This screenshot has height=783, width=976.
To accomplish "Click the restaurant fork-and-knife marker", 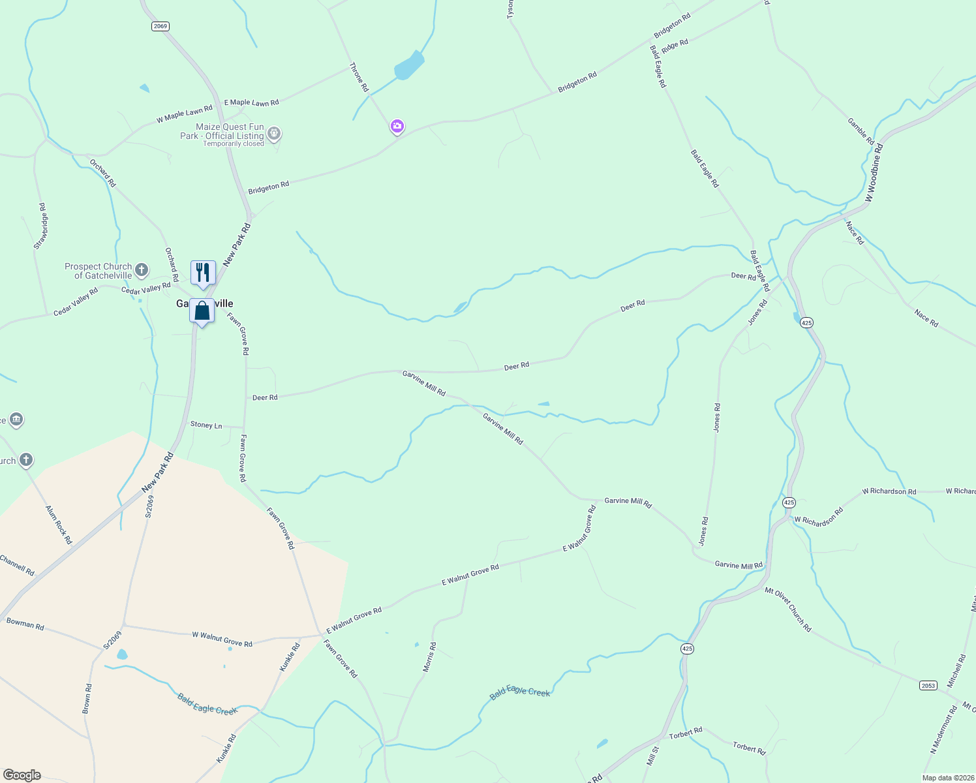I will pos(203,273).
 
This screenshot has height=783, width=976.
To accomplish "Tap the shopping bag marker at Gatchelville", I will pos(202,311).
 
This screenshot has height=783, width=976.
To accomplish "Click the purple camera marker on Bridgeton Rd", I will pos(397,126).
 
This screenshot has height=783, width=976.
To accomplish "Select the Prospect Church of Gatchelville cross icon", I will pos(142,270).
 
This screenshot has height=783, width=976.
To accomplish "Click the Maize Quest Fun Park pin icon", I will pos(274,134).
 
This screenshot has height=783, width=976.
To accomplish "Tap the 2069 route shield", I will pos(160,26).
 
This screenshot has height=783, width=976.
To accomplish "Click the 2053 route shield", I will pos(928,685).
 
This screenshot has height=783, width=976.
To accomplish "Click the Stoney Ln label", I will pos(206,425).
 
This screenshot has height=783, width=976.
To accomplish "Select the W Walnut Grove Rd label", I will pos(222,639).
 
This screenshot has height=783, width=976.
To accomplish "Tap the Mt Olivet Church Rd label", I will pos(788,609).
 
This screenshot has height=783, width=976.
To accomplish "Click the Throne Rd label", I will pos(359,77).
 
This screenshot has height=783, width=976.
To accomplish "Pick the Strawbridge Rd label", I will pos(40,226).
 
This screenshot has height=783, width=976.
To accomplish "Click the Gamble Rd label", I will pos(861,131).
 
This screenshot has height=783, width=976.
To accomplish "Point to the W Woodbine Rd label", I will pos(874,173).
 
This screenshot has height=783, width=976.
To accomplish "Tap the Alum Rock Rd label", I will pos(59,525).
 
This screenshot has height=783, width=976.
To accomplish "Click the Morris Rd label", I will pos(429,657).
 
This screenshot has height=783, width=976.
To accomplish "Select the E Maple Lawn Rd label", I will pos(251,102).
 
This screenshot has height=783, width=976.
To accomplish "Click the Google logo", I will pos(22,775).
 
